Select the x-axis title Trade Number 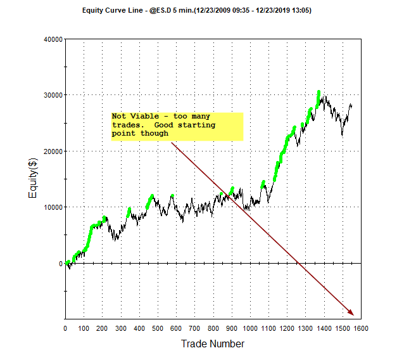point(212,344)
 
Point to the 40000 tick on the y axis point(51,39)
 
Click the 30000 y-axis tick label point(51,95)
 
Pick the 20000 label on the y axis point(51,151)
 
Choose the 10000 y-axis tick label point(51,207)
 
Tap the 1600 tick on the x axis point(361,328)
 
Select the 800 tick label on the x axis point(213,328)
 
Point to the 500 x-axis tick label point(158,328)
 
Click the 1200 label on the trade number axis point(287,328)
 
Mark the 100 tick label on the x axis point(84,328)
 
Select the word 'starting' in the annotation point(197,125)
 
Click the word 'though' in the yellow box point(154,133)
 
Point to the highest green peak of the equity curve point(318,92)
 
